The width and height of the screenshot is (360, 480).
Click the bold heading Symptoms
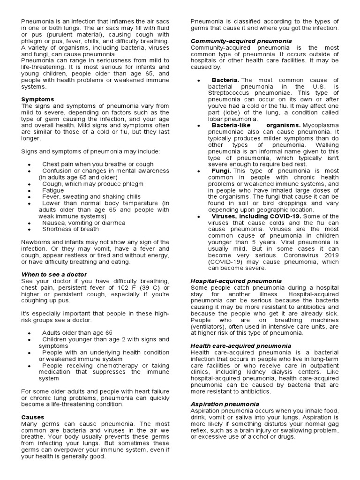point(37,99)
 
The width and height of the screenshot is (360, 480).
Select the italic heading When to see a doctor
point(54,274)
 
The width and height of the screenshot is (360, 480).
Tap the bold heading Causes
point(33,417)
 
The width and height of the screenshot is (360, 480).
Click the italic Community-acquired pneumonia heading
point(241,41)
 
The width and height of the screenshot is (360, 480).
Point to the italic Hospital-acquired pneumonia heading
point(236,281)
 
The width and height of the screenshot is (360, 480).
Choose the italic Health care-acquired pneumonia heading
point(241,345)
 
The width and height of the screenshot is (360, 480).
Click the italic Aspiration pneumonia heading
point(225,404)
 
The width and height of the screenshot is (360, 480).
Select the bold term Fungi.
point(220,171)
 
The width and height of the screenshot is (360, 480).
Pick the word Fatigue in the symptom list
point(53,191)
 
